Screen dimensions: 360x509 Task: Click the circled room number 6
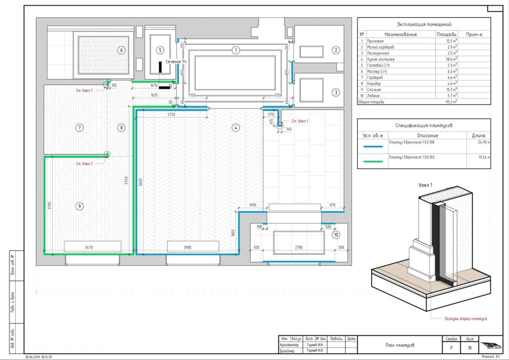click(x=120, y=50)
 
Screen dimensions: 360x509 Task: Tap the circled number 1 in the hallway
click(x=236, y=50)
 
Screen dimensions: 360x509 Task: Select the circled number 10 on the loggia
click(x=336, y=235)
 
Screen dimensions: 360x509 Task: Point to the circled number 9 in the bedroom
click(x=80, y=206)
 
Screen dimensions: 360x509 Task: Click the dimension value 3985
click(x=191, y=246)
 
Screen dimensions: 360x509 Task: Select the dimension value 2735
click(x=171, y=114)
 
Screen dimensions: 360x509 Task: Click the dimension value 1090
click(x=252, y=205)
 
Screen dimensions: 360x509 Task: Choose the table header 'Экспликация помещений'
click(x=424, y=25)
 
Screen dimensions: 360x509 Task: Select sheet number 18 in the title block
click(x=469, y=348)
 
